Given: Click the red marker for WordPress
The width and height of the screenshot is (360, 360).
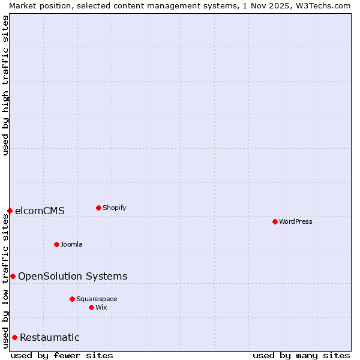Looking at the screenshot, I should click(275, 221).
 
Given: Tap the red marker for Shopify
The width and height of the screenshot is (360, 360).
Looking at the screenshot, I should click(98, 208).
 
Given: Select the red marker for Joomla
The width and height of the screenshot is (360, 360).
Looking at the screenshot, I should click(56, 244).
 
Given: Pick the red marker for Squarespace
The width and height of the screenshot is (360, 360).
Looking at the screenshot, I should click(72, 299).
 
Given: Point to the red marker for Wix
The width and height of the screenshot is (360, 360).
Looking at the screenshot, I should click(91, 307).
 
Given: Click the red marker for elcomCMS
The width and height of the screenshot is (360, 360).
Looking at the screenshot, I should click(10, 211).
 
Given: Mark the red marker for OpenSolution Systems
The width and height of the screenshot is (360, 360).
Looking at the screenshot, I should click(13, 276).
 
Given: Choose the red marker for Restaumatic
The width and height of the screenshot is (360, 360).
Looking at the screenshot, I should click(14, 337).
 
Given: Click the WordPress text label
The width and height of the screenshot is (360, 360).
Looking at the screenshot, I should click(296, 221).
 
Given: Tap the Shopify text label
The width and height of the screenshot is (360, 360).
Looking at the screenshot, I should click(115, 208).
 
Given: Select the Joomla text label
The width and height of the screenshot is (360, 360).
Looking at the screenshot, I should click(71, 244).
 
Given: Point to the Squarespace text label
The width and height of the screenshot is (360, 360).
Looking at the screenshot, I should click(97, 299).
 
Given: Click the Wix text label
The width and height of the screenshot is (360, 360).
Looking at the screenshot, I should click(101, 307).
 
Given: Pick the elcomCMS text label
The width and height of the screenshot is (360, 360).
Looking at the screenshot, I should click(40, 211).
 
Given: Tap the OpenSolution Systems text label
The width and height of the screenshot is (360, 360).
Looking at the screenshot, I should click(73, 276).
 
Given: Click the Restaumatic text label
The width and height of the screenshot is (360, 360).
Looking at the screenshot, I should click(49, 337).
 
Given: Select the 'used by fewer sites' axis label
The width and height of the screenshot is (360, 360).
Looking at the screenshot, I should click(62, 355).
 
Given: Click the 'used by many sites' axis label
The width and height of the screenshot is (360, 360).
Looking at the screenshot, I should click(301, 355).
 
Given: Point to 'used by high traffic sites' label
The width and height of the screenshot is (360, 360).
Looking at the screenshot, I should click(5, 85).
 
